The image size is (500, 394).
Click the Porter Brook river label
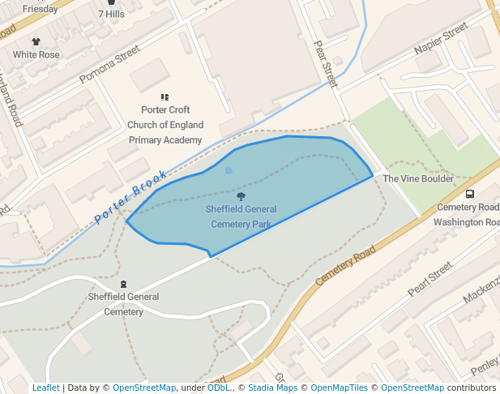[x=130, y=196]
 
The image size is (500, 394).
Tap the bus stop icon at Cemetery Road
[x=470, y=194]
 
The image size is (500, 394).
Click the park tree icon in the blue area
[x=241, y=196]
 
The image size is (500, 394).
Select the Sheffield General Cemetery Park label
[x=241, y=216]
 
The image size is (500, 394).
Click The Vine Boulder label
[x=418, y=178]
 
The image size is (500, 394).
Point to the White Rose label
[x=36, y=54]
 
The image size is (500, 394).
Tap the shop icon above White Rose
[x=36, y=41]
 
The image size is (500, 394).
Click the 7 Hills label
[x=111, y=14]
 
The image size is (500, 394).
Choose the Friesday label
[x=40, y=9]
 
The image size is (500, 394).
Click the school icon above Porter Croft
[x=165, y=97]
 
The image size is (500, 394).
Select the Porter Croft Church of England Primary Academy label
[x=165, y=125]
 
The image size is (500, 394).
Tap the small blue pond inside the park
[x=229, y=170]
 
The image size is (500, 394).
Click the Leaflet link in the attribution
[x=45, y=388]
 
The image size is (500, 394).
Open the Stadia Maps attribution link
[x=272, y=388]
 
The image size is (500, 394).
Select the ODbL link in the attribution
[x=219, y=388]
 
